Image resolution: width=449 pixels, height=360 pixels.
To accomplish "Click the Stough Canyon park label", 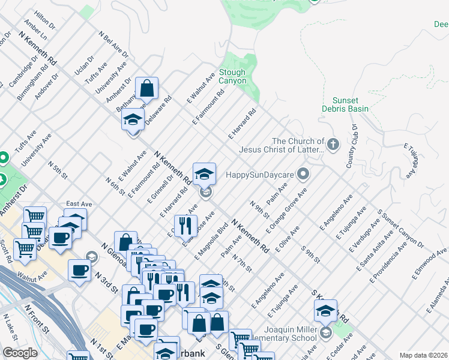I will coord(232,76).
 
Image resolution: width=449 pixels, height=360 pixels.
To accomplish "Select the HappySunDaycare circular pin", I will coord(304,175).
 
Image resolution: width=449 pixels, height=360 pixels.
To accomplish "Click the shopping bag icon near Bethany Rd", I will coord(146,89).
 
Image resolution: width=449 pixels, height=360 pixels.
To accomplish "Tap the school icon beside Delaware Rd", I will coord(133,120).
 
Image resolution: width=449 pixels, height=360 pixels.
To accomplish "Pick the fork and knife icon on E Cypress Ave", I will coord(185,226).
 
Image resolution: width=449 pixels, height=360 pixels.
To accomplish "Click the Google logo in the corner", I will coord(20,353).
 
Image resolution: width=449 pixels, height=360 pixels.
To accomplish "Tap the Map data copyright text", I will coord(423,355).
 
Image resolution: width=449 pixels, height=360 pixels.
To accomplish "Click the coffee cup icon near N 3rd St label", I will coord(80,271).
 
